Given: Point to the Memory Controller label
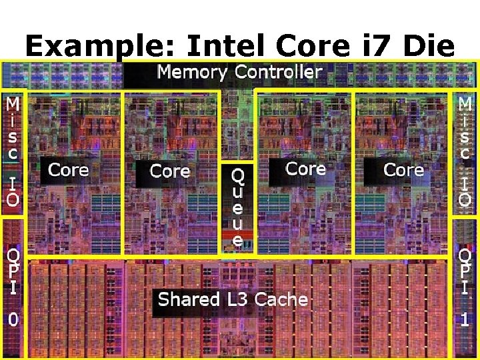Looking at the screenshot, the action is point(240,72).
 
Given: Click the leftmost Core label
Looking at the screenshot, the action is point(68,170).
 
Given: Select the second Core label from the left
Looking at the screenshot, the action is point(170,171).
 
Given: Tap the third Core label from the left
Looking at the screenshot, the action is point(306,169).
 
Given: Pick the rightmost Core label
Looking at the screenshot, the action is point(404,170).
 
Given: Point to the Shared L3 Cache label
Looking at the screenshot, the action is point(233,299).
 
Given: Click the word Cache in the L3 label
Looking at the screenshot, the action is point(280,299).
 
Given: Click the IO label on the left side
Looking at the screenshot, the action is point(13,190).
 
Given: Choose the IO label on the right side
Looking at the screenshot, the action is point(465,190).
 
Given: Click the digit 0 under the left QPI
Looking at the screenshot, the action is point(13,320).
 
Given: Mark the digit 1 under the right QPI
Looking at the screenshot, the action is point(465,320).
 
